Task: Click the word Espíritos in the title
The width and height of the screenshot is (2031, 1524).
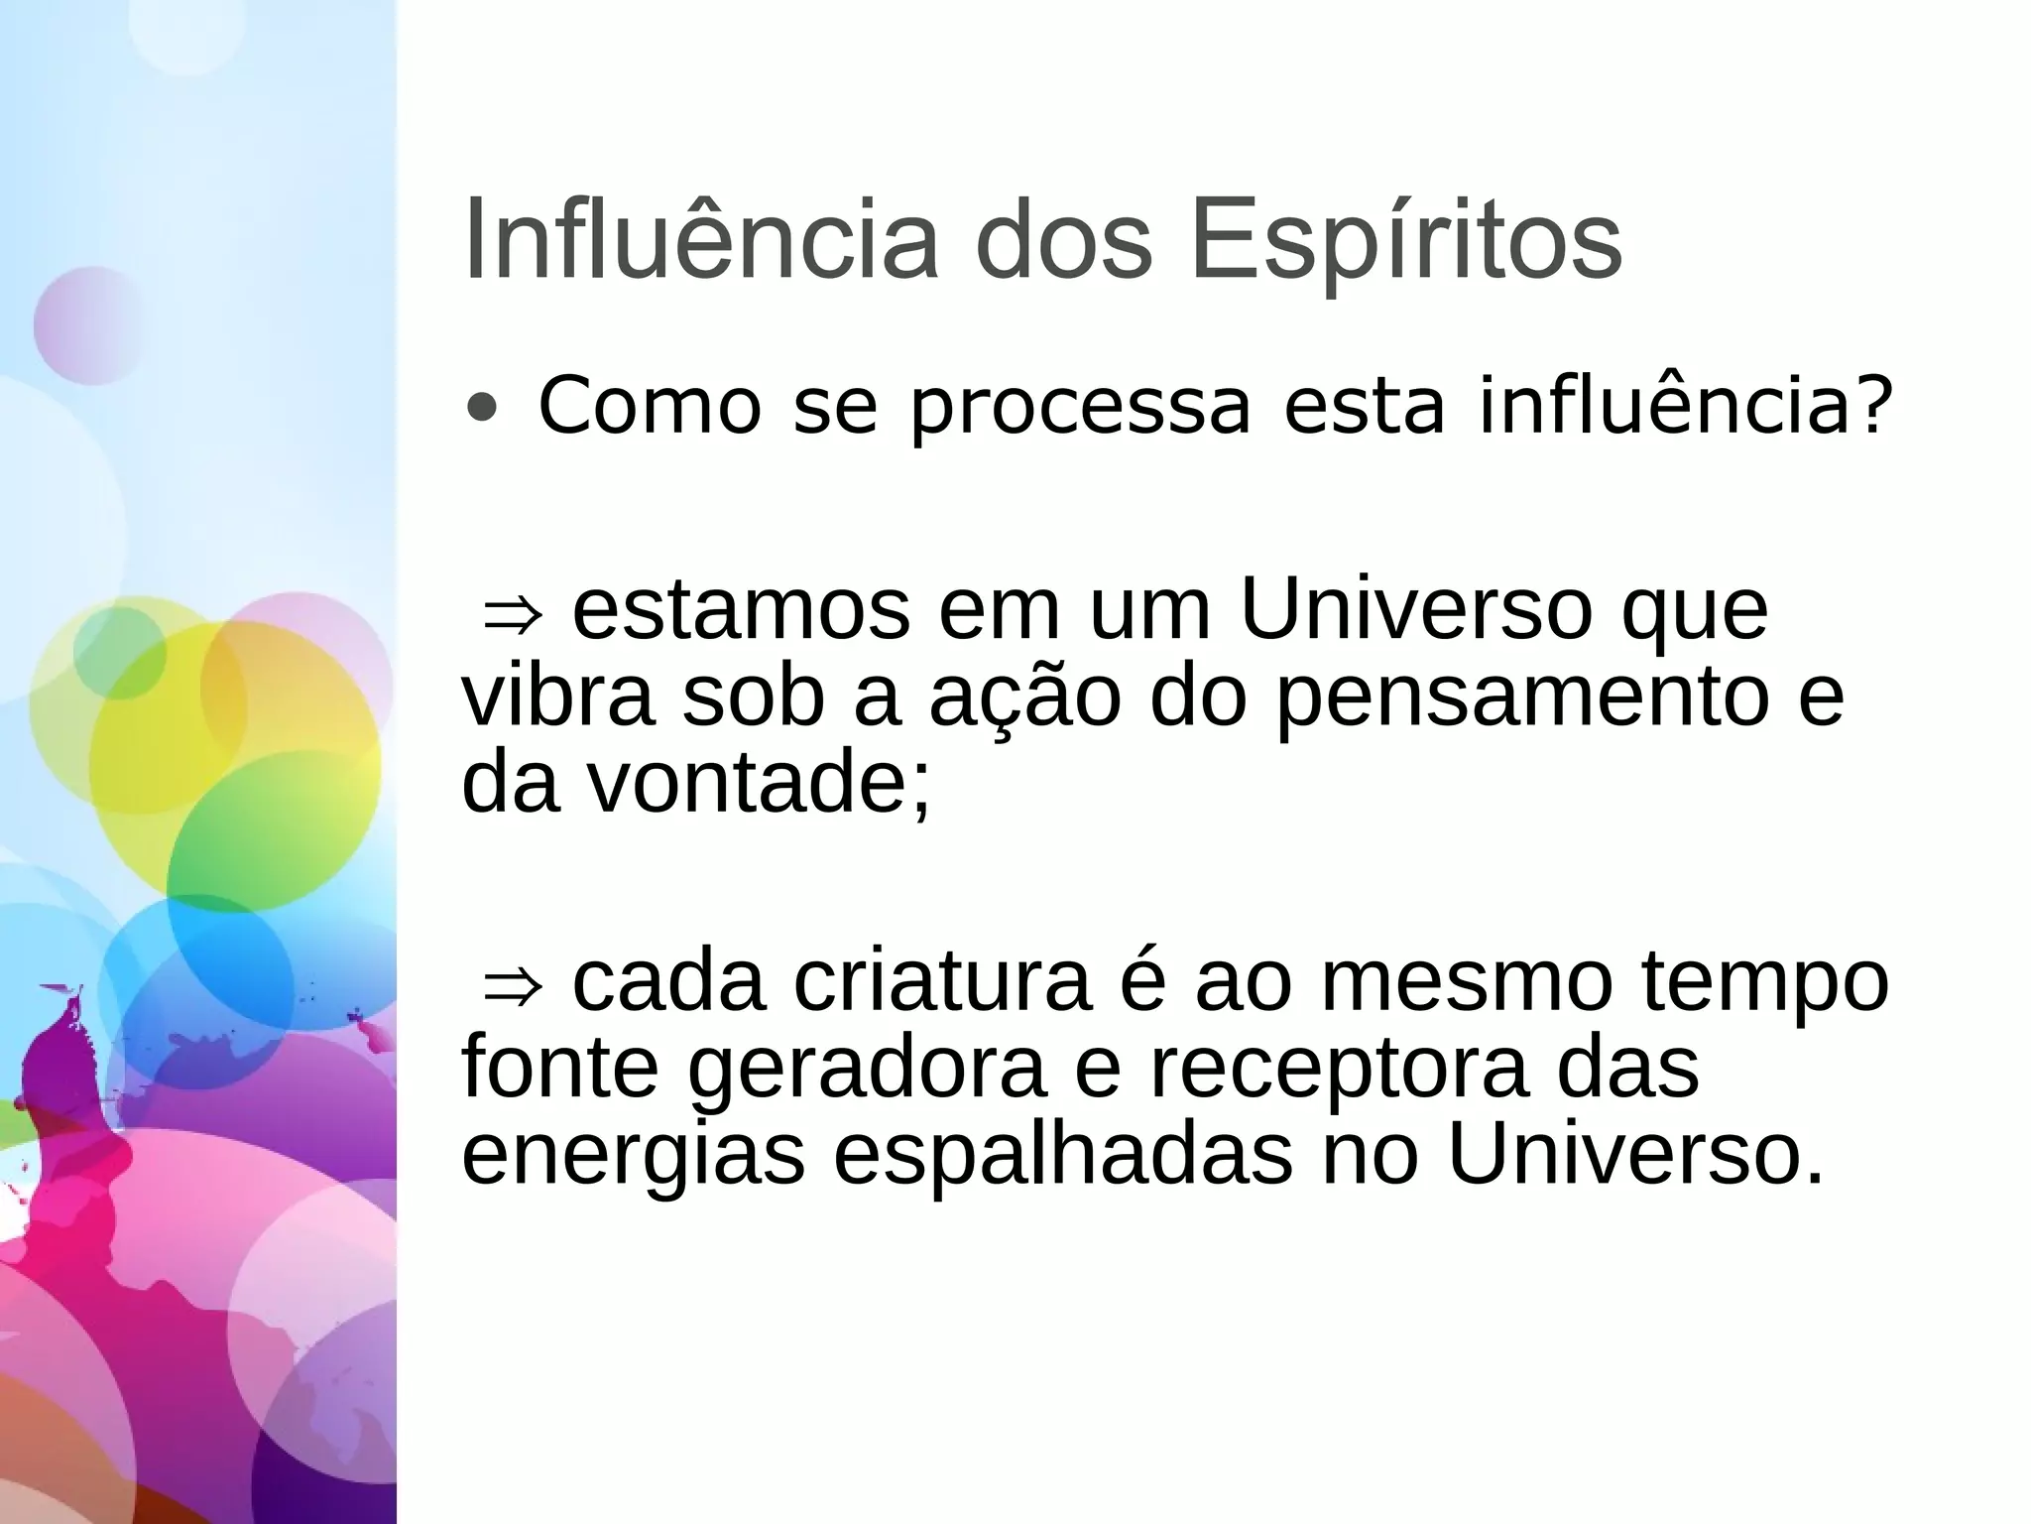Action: click(x=1405, y=243)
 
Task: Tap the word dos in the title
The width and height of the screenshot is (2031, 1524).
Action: click(x=1065, y=243)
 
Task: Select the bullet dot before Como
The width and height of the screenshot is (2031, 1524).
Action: click(x=482, y=408)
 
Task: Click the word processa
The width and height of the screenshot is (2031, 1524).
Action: click(x=1080, y=408)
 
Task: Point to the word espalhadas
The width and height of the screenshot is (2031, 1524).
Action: click(x=1062, y=1155)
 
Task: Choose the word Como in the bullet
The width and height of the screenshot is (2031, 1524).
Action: click(x=649, y=408)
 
